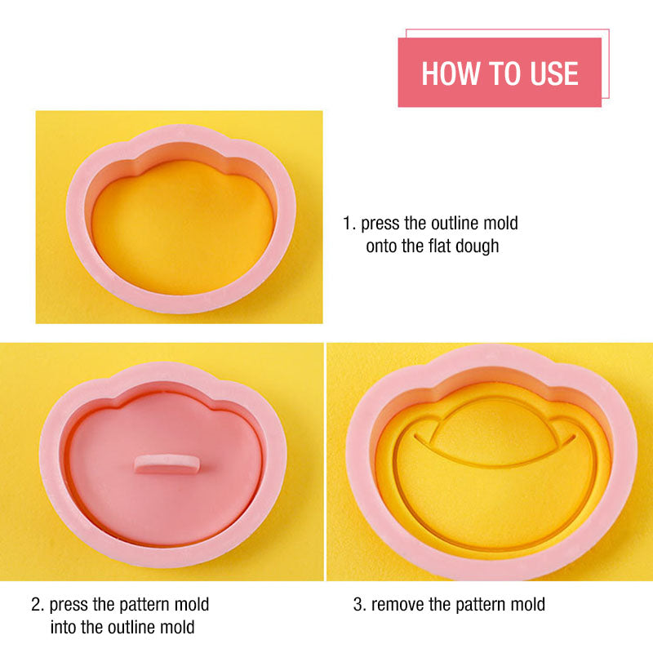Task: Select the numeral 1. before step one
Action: click(349, 223)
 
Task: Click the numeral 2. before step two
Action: click(38, 604)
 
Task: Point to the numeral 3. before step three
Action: click(359, 604)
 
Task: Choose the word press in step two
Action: click(69, 605)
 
